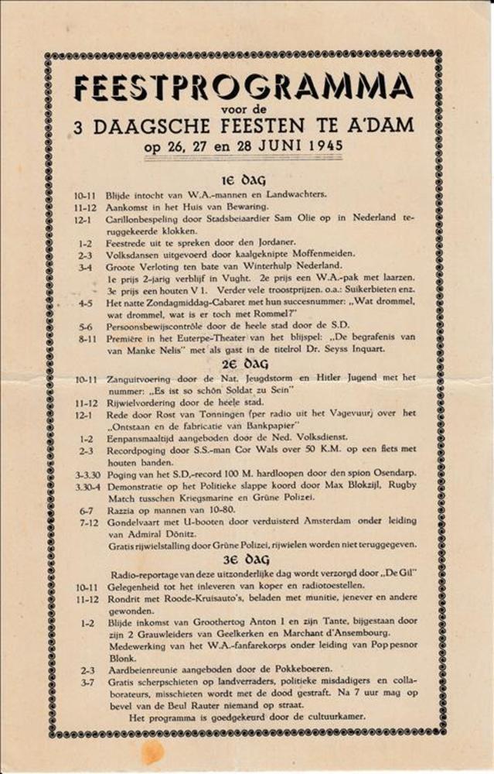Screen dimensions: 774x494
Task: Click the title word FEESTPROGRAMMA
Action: pos(244,87)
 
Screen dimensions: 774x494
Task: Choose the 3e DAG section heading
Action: pos(245,559)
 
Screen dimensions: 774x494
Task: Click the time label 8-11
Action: pos(86,337)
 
